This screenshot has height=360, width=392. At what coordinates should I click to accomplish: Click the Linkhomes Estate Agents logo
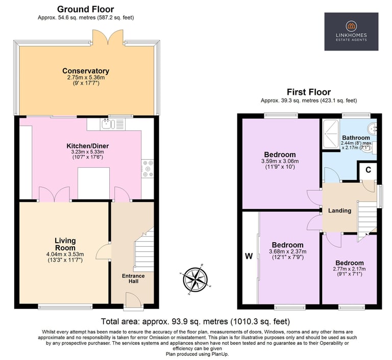(x=351, y=32)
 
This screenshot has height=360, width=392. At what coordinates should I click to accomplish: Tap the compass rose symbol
(x=195, y=279)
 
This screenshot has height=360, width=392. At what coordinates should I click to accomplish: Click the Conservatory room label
(x=86, y=71)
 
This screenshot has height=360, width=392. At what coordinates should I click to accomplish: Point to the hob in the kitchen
(x=148, y=169)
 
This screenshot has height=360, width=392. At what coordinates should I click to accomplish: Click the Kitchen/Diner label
(x=87, y=146)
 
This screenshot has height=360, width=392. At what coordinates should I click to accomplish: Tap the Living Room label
(x=65, y=244)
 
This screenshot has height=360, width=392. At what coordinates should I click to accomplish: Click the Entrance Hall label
(x=133, y=278)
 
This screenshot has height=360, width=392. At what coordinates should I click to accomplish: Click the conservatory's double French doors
(x=108, y=37)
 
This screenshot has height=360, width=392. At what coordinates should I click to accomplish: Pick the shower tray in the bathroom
(x=331, y=134)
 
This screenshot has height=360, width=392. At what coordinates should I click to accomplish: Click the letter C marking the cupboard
(x=368, y=170)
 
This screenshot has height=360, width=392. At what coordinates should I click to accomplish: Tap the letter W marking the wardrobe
(x=249, y=256)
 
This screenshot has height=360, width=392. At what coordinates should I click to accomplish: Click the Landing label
(x=339, y=211)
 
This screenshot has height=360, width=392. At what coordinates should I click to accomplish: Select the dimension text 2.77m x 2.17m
(x=349, y=269)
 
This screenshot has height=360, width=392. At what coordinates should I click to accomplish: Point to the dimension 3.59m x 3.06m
(x=280, y=161)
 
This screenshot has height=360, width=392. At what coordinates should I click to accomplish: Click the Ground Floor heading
(x=86, y=9)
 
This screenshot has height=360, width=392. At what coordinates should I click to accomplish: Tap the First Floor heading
(x=309, y=92)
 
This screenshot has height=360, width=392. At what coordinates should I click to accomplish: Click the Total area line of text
(x=195, y=321)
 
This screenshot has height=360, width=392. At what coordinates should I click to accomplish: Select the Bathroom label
(x=356, y=138)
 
